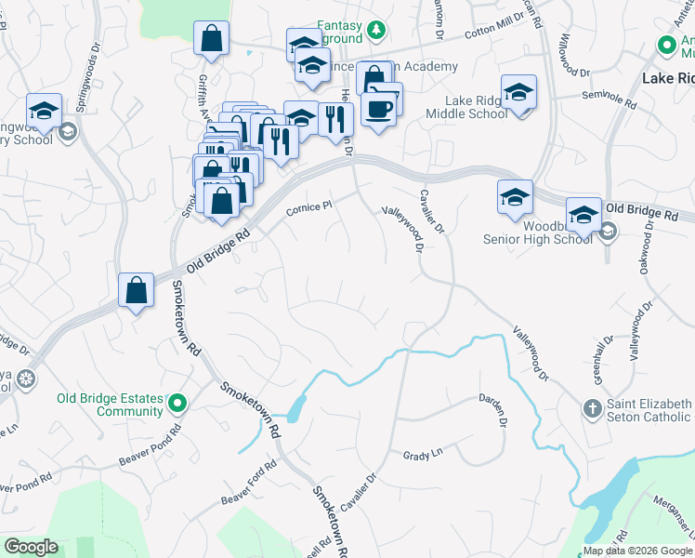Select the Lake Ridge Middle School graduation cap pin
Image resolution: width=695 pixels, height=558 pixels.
coord(518,93)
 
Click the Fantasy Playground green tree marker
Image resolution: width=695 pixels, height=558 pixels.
coord(375,31)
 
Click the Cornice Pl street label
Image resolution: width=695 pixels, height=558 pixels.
coord(308,207)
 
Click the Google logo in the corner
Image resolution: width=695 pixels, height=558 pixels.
coord(31,547)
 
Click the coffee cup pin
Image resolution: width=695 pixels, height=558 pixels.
coord(378,110)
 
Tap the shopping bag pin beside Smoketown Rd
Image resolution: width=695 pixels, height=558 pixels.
coord(137,289)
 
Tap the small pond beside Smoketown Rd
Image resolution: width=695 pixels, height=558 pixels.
coord(295,407)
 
